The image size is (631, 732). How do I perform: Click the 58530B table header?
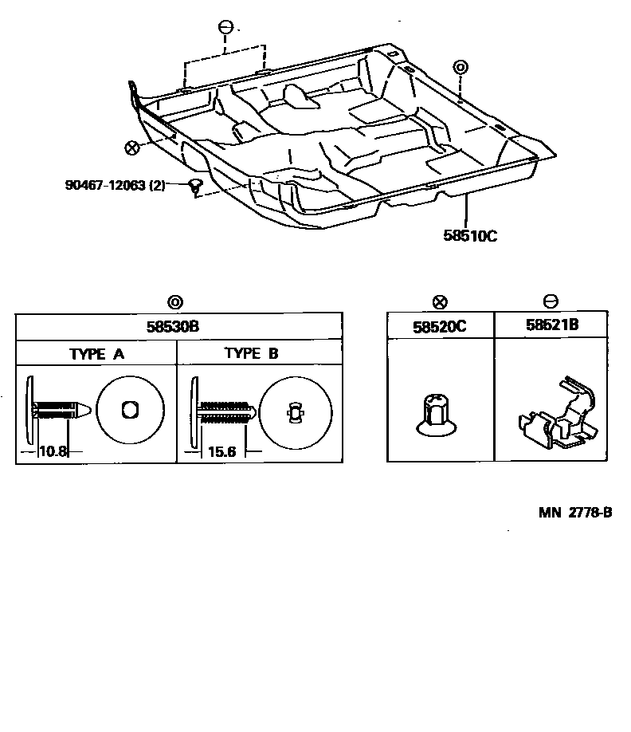coord(176,327)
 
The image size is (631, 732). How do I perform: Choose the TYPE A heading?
coord(96,354)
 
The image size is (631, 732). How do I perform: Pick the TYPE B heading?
coord(251,354)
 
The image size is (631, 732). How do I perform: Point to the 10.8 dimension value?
coord(53,451)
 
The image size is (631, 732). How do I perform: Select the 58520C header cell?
coord(441,325)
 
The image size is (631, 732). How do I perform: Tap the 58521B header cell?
coord(551,325)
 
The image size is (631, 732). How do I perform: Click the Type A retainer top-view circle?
coord(129,410)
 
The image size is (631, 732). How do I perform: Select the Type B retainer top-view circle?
coord(295,411)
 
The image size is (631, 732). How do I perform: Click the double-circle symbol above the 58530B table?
coord(175,302)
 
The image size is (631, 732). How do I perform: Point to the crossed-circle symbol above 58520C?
coord(440,302)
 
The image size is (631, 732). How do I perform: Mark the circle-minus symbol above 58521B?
coord(551,302)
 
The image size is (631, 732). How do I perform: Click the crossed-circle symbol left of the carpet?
coord(132,147)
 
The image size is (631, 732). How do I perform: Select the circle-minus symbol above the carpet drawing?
coord(225,28)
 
